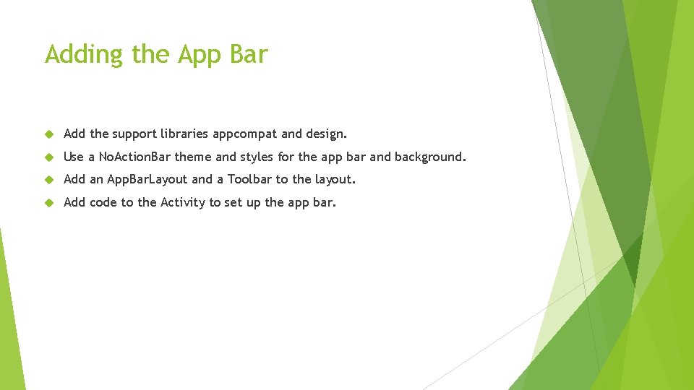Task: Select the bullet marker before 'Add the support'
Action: click(x=49, y=134)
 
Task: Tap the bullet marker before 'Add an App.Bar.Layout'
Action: click(x=49, y=180)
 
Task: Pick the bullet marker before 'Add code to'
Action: click(x=49, y=203)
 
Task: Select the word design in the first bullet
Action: click(x=326, y=134)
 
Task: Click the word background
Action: click(x=430, y=157)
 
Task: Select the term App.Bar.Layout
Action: click(x=147, y=179)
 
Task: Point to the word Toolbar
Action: click(x=249, y=179)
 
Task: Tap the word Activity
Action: click(x=183, y=202)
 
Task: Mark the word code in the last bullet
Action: click(x=103, y=202)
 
